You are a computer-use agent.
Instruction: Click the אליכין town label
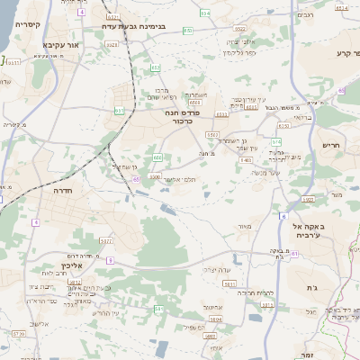pyautogui.click(x=71, y=266)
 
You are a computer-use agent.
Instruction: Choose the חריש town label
pyautogui.click(x=332, y=144)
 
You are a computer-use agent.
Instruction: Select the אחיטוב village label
pyautogui.click(x=212, y=307)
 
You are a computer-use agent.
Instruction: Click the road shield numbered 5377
pyautogui.click(x=105, y=240)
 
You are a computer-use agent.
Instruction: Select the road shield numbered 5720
pyautogui.click(x=19, y=333)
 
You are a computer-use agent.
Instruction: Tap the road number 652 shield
pyautogui.click(x=155, y=67)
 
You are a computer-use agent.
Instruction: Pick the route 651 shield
pyautogui.click(x=120, y=110)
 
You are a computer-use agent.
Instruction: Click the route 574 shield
pyautogui.click(x=276, y=141)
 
